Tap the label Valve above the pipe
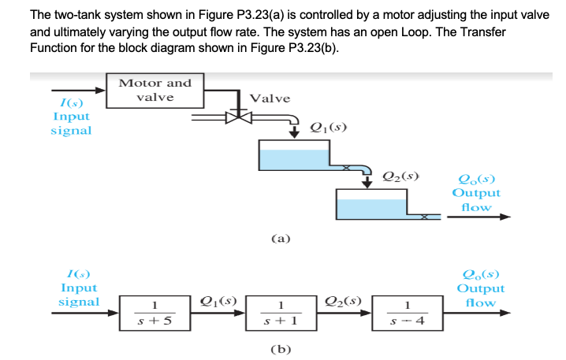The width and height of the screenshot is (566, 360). [x=270, y=98]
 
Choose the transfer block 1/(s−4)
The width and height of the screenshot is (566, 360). [x=407, y=312]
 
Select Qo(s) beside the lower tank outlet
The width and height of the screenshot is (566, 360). [x=475, y=178]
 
